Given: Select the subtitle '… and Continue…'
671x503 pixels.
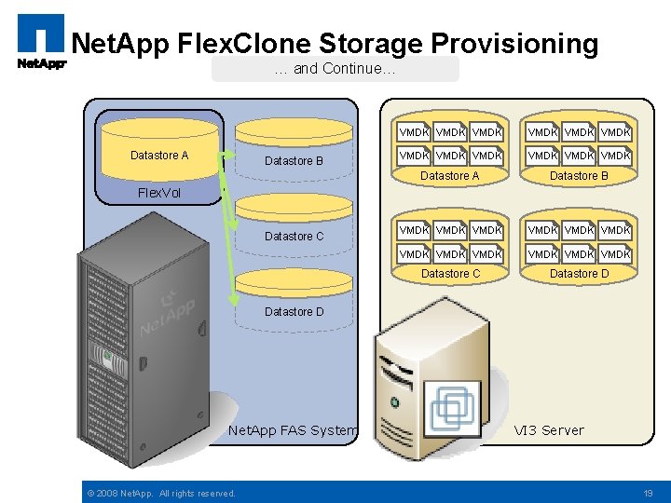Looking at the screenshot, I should (x=335, y=69).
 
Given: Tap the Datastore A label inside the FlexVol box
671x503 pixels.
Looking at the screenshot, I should (x=159, y=156).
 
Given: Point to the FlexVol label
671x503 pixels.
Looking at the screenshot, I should (x=159, y=194).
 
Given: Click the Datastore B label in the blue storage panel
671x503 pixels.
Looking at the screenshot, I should (x=294, y=161).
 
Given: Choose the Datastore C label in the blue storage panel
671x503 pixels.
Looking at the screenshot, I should (x=294, y=237).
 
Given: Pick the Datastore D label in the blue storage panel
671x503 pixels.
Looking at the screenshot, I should (x=294, y=312).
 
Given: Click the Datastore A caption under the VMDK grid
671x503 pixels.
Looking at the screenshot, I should (x=450, y=176).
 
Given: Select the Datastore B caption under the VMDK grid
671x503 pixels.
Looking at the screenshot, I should (x=579, y=176).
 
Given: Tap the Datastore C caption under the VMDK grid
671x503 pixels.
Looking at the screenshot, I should (x=450, y=274).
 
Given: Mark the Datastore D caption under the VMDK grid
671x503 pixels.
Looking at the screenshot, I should (x=579, y=274).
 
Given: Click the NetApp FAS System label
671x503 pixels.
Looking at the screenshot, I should (x=293, y=430).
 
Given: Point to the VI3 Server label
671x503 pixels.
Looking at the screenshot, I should (x=549, y=430).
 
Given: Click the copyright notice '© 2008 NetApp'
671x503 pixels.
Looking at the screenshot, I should (x=160, y=493).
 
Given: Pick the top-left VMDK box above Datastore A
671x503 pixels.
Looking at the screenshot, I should (x=413, y=132).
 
